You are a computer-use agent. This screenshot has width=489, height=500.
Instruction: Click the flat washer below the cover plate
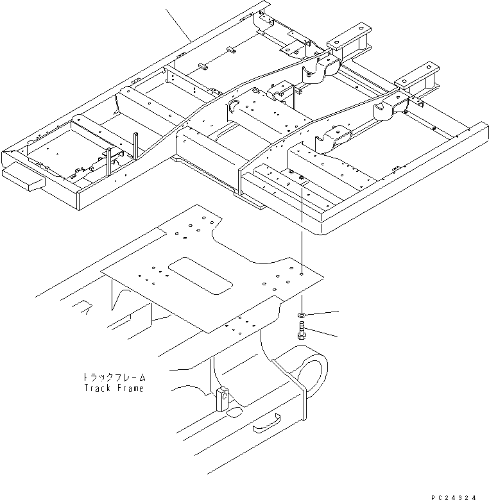coord(302,315)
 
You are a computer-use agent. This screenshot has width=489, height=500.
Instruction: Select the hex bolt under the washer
coord(302,333)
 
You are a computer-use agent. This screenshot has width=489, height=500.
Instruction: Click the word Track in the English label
coord(97,388)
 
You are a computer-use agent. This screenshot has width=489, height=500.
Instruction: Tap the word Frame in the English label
coord(131,388)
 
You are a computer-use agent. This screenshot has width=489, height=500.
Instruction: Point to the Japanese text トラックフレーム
coord(114,378)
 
